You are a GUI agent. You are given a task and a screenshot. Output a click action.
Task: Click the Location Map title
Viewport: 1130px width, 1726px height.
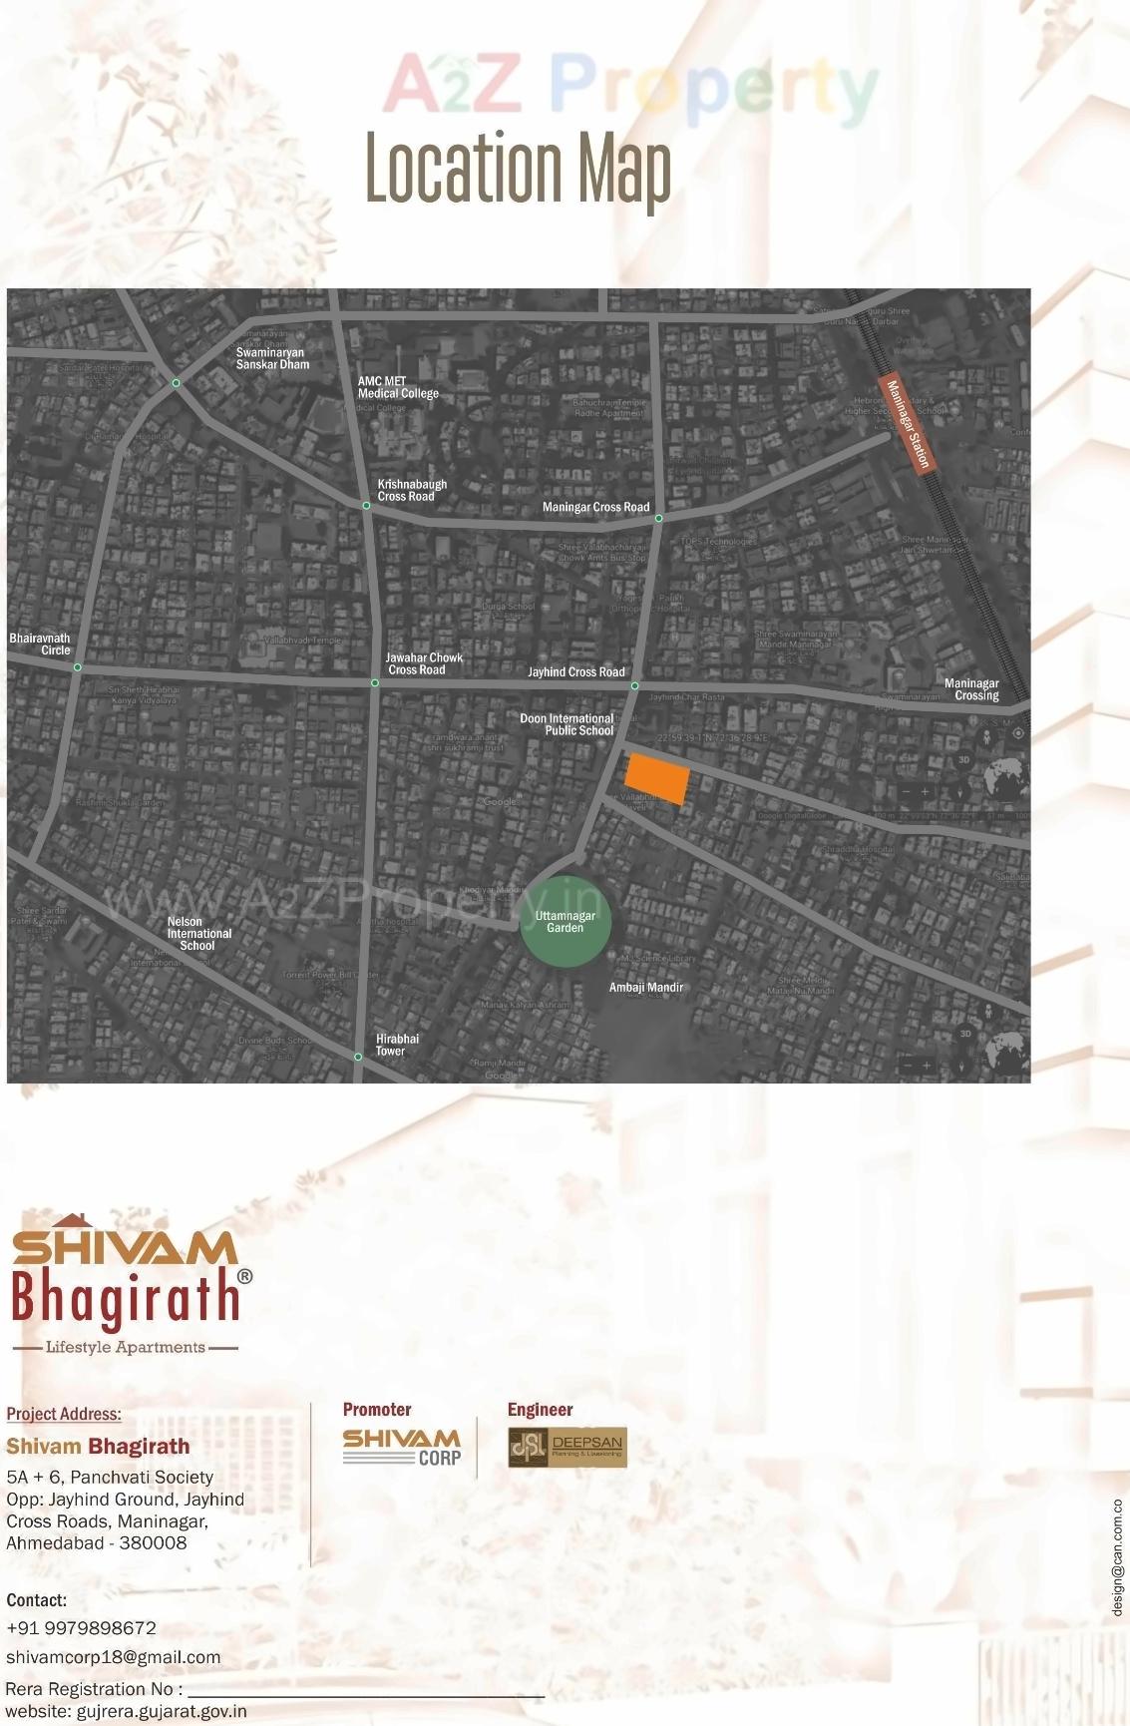pos(518,169)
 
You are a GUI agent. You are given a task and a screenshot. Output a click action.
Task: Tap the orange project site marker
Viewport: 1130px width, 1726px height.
pos(657,779)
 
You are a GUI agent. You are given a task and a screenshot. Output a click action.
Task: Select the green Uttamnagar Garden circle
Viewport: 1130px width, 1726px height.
pos(565,922)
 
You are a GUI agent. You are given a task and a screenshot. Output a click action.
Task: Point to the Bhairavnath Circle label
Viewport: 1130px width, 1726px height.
pos(40,644)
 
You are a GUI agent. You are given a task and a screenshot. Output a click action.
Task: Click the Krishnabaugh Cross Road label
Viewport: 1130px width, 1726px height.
pos(412,490)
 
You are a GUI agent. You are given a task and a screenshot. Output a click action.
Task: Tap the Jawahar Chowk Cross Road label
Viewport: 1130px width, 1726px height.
pos(424,663)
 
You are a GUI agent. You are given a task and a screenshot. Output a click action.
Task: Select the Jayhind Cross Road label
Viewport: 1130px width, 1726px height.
pos(576,672)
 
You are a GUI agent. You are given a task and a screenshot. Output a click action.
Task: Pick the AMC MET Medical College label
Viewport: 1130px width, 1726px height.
pos(398,387)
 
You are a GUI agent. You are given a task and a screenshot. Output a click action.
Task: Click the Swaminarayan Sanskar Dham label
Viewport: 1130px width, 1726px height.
pos(272,358)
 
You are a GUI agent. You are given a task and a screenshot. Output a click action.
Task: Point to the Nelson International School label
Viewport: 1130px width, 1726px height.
pos(198,934)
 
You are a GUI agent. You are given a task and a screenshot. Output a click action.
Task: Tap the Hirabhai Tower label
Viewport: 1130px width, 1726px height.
pos(397,1045)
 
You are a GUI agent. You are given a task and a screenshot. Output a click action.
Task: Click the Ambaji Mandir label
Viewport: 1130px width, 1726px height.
pos(646,988)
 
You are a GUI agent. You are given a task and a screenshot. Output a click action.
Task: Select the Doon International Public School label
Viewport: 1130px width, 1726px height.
pos(566,724)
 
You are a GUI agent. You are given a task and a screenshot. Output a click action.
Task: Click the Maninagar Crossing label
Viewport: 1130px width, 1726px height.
pos(971,689)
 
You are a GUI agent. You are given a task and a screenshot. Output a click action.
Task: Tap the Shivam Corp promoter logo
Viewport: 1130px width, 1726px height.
pos(401,1447)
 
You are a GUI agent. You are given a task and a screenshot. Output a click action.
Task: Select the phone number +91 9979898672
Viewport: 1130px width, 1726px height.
pos(81,1628)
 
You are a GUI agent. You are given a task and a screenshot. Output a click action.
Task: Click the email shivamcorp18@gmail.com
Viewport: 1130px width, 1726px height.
pos(113,1657)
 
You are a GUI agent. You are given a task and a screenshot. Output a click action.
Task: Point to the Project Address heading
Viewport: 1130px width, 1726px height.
pos(64,1414)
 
